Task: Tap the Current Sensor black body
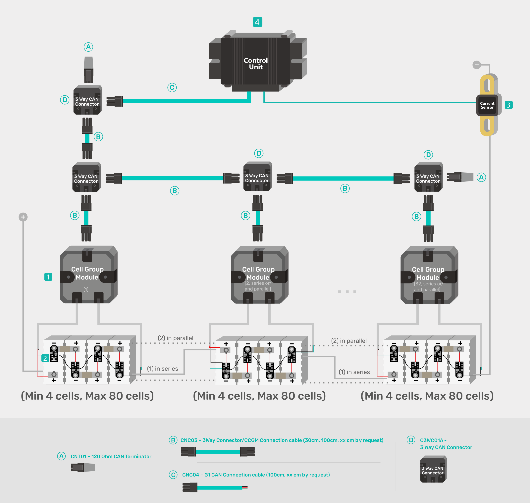pyautogui.click(x=487, y=105)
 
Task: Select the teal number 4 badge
pyautogui.click(x=257, y=22)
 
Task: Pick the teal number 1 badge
pyautogui.click(x=48, y=277)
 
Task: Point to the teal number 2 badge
pyautogui.click(x=45, y=358)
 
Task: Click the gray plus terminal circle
pyautogui.click(x=23, y=217)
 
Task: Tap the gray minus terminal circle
pyautogui.click(x=477, y=65)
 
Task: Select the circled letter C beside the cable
pyautogui.click(x=172, y=87)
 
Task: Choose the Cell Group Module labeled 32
pyautogui.click(x=429, y=275)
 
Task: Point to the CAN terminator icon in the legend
pyautogui.click(x=83, y=468)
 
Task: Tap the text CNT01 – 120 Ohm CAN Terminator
pyautogui.click(x=111, y=456)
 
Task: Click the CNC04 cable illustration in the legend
pyautogui.click(x=215, y=487)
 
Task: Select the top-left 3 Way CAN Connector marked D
pyautogui.click(x=87, y=100)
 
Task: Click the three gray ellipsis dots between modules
pyautogui.click(x=347, y=291)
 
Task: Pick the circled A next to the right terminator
pyautogui.click(x=481, y=177)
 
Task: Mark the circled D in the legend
pyautogui.click(x=411, y=440)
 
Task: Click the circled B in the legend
pyautogui.click(x=173, y=440)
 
